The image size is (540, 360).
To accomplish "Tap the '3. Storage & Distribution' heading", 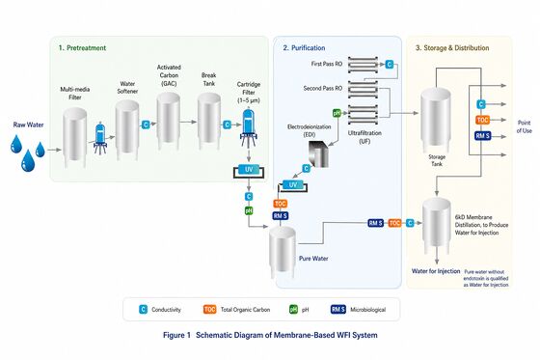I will pyautogui.click(x=458, y=46).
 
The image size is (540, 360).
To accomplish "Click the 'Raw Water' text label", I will pyautogui.click(x=27, y=125).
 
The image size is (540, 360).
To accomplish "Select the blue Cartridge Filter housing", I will pyautogui.click(x=248, y=125).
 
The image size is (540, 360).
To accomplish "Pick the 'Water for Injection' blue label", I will pyautogui.click(x=435, y=270).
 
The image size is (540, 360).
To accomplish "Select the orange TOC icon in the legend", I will pyautogui.click(x=210, y=311).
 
